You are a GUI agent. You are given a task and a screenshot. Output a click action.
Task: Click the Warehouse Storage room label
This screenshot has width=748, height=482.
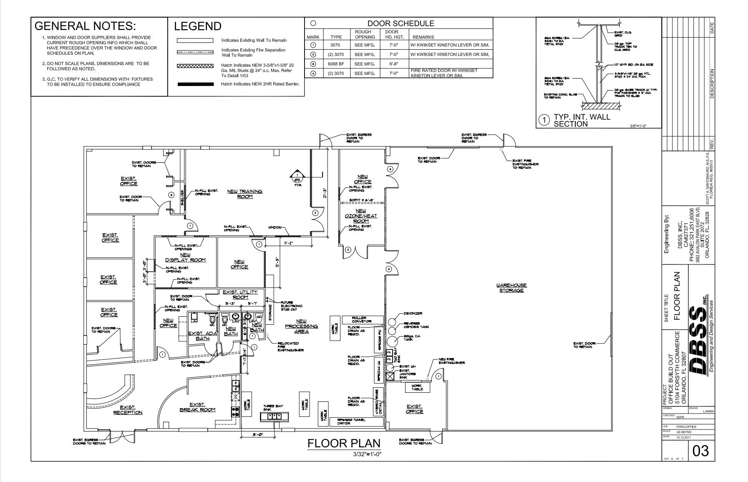pos(511,288)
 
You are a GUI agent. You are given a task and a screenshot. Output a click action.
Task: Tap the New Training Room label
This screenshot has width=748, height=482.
pos(245,194)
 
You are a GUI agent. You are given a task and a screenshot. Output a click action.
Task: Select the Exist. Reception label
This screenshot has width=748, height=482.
pos(128,410)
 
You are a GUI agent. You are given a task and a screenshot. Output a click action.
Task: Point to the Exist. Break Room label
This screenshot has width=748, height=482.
pos(197,407)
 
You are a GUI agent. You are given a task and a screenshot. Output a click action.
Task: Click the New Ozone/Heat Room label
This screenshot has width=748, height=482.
pos(361,216)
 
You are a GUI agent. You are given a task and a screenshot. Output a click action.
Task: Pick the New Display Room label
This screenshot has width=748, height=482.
pos(186,257)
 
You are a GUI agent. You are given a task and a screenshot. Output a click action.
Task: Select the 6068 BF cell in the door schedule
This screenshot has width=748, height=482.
pos(335,64)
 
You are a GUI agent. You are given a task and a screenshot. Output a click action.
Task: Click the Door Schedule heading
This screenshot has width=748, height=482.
pos(400,23)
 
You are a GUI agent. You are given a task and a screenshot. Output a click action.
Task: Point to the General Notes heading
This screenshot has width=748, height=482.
pos(85,26)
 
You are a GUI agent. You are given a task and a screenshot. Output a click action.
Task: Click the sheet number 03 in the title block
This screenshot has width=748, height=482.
pos(700,451)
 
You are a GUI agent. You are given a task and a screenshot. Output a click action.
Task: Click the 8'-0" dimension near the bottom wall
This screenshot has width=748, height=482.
pos(257,434)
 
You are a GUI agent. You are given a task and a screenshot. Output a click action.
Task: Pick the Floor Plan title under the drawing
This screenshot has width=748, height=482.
pos(344,443)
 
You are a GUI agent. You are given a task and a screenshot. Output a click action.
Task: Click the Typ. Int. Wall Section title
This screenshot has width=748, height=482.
pos(581,120)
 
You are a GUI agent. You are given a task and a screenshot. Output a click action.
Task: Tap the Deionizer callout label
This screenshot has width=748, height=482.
pos(413,313)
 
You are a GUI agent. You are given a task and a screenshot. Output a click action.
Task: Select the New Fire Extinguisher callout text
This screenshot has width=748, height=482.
pos(451,361)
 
